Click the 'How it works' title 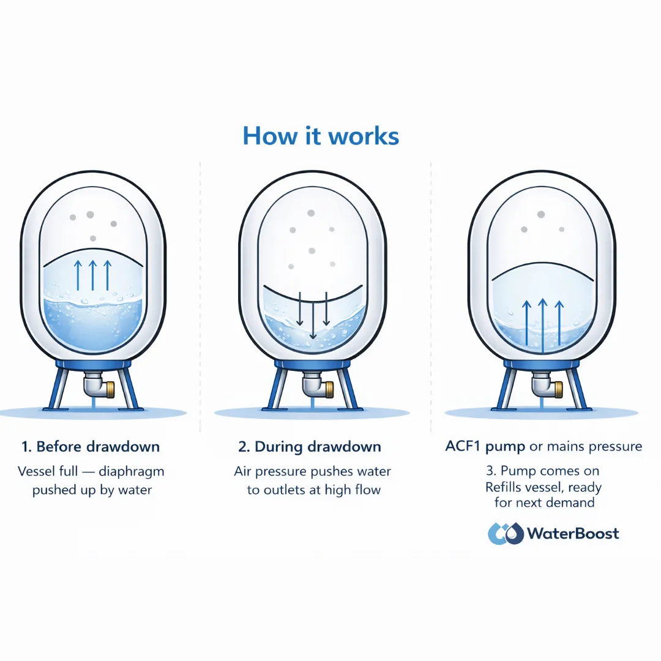coord(321,136)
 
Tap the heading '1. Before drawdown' coord(90,447)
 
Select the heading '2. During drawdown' coord(310,447)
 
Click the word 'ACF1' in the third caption coord(463,446)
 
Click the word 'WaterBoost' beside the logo coord(573,534)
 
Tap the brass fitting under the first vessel coord(109,388)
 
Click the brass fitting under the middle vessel coord(327,388)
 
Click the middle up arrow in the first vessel coord(92,275)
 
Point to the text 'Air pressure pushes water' coord(312,472)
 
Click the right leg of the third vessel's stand coord(578,389)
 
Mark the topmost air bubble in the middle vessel coord(311,213)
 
